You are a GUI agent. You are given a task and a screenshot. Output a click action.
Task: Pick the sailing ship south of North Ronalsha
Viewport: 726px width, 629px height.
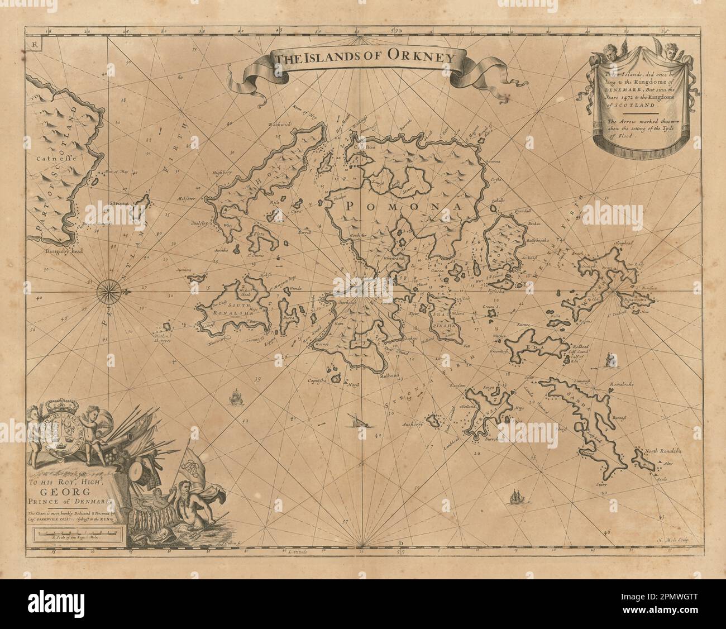coord(514,497)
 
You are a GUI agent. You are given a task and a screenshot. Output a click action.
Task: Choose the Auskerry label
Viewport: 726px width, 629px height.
coord(424,424)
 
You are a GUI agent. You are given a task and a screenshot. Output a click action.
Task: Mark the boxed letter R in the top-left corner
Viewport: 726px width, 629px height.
coord(35,45)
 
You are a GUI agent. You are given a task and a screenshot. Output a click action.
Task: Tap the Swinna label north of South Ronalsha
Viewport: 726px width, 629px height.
coord(184,270)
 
